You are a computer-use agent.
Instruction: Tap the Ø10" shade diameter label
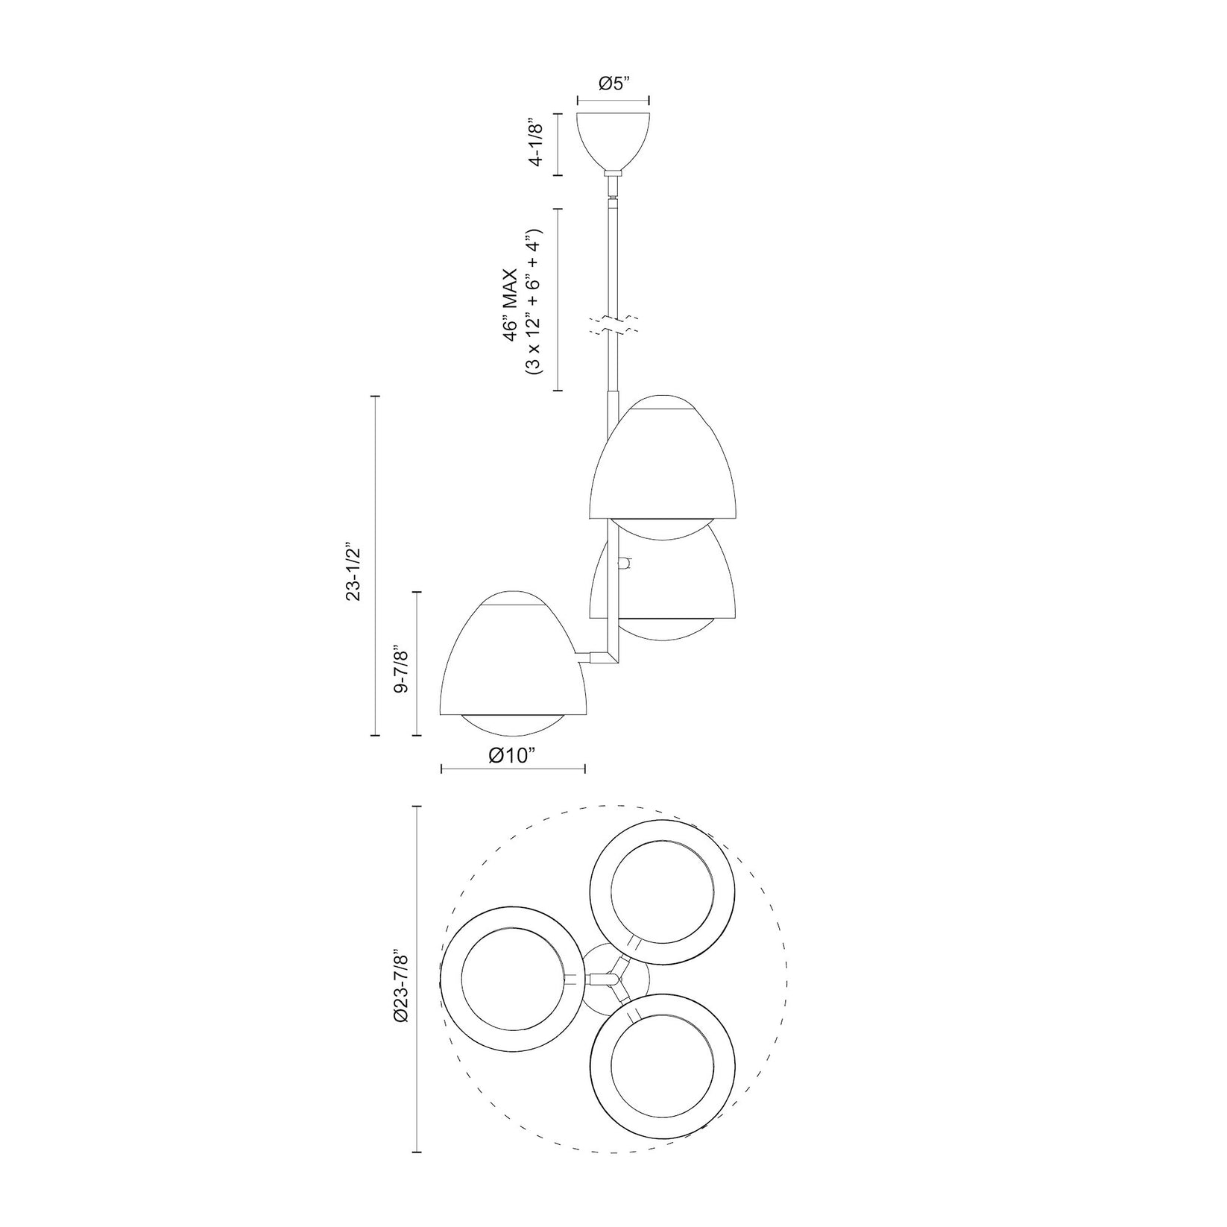[513, 755]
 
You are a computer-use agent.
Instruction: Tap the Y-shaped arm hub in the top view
[616, 977]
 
